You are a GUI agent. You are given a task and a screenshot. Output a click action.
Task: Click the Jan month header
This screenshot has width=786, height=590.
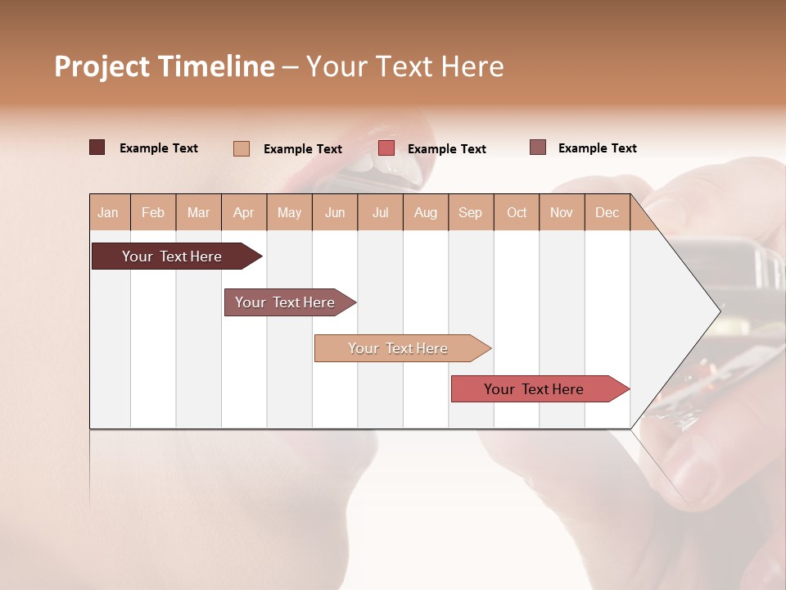click(x=109, y=212)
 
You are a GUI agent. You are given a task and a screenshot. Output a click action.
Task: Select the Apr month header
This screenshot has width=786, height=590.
click(x=244, y=212)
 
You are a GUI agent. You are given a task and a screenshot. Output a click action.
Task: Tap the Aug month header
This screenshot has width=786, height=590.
click(x=426, y=212)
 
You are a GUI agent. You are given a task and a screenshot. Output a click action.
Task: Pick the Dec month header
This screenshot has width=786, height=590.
click(x=608, y=212)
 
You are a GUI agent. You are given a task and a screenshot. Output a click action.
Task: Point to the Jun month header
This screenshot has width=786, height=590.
click(x=335, y=212)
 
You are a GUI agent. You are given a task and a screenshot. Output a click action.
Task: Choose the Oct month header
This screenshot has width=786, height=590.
click(x=517, y=212)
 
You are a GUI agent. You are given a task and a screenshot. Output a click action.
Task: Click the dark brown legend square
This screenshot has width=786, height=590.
click(x=97, y=147)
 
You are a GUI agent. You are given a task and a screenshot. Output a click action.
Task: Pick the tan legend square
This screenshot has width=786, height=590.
click(x=241, y=148)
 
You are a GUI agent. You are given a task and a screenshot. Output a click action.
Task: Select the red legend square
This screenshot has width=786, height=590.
click(x=386, y=148)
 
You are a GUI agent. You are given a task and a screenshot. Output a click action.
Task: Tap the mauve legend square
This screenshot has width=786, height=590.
click(x=537, y=147)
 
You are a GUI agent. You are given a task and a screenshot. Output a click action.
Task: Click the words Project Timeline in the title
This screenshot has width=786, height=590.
click(x=164, y=67)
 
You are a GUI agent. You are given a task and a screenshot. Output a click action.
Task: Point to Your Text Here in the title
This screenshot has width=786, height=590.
click(x=405, y=67)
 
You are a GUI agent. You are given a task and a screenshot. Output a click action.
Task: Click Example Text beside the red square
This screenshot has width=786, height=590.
click(x=446, y=149)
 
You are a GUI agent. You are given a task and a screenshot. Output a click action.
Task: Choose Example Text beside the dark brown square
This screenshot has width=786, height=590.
click(x=159, y=148)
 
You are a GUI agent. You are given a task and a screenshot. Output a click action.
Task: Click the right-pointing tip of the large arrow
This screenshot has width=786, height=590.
click(x=717, y=311)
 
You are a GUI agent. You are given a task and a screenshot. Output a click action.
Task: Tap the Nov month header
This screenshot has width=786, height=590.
click(x=562, y=212)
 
